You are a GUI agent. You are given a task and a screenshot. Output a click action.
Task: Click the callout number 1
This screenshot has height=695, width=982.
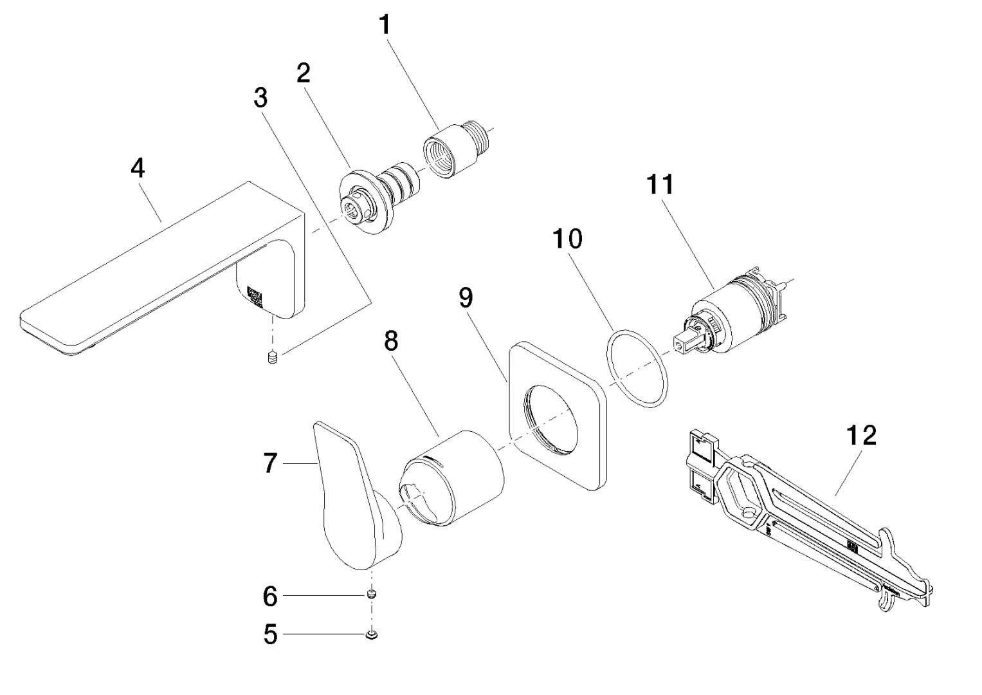[385, 26]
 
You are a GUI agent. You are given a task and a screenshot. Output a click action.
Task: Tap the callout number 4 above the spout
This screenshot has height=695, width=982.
[138, 169]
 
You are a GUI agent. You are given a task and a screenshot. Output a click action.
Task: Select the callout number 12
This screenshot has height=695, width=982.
[861, 436]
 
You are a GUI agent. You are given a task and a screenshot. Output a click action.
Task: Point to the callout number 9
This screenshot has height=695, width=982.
[466, 297]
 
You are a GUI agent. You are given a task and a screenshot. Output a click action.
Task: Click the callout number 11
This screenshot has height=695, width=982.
[660, 185]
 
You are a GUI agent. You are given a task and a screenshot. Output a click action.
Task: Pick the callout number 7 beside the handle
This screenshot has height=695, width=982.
[271, 463]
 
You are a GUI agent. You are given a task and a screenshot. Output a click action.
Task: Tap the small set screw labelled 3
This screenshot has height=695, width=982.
[273, 357]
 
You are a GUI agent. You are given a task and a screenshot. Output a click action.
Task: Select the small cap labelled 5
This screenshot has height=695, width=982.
[371, 635]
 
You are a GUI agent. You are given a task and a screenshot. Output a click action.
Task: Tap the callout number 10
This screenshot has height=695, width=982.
[568, 239]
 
